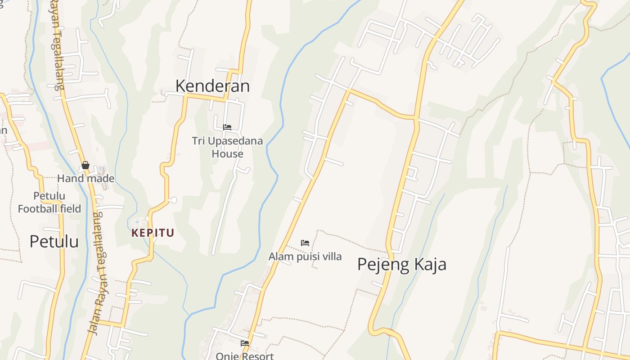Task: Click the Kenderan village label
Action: coord(212,85)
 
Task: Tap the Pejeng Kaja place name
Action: coord(401,264)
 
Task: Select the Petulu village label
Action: coord(54,242)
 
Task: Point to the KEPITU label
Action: coord(153,233)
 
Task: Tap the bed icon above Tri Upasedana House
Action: coord(227,127)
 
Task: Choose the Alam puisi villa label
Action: coord(305,256)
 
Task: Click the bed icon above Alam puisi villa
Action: coord(305,243)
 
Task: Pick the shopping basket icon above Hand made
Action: coord(85,166)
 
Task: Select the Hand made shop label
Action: coord(85,179)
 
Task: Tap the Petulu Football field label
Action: coord(49,202)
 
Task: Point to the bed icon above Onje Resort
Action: coord(245,343)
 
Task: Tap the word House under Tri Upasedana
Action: coord(227,154)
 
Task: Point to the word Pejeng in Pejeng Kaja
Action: coord(380,264)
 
